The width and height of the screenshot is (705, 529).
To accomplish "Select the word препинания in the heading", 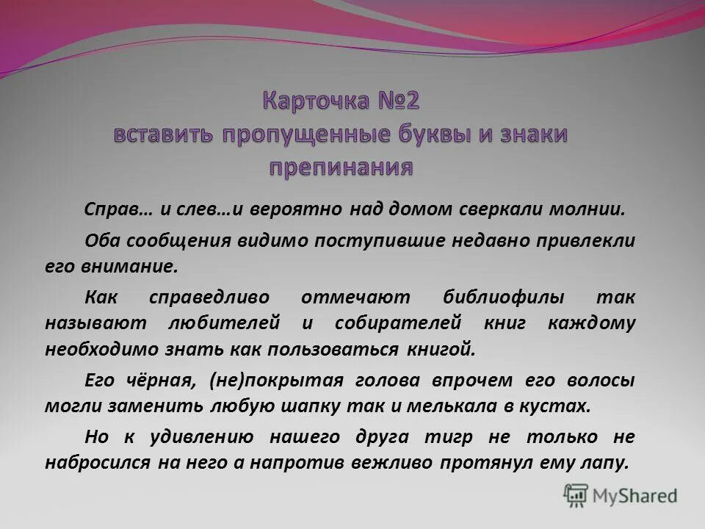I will (341, 167).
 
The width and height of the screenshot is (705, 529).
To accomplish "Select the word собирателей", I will (397, 323).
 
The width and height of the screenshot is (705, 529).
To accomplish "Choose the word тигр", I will (446, 438).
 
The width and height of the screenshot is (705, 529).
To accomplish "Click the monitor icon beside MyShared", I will (576, 495).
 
